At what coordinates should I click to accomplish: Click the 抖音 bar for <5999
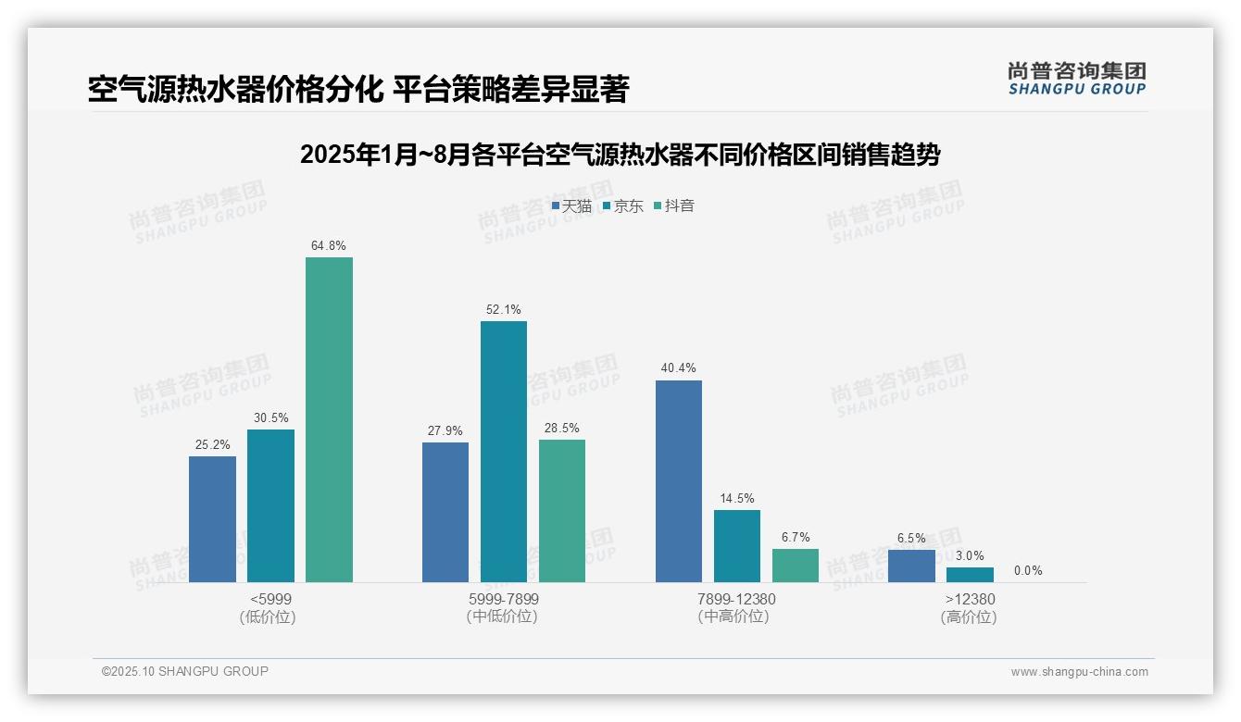click(x=329, y=419)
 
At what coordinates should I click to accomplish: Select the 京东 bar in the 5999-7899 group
click(x=504, y=452)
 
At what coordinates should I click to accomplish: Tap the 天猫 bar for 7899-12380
click(x=679, y=481)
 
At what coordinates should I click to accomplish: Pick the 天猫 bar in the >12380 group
click(x=911, y=566)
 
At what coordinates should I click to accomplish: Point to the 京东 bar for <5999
click(x=270, y=505)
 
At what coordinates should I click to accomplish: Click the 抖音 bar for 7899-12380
click(x=796, y=566)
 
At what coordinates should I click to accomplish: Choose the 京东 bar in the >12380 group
click(x=970, y=575)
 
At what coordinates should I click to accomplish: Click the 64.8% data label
click(x=329, y=245)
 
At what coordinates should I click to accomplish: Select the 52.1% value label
click(x=504, y=309)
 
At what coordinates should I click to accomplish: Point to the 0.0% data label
click(x=1028, y=570)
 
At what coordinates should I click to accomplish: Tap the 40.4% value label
click(x=679, y=367)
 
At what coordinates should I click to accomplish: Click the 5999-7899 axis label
click(x=504, y=599)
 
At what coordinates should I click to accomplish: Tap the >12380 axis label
click(x=970, y=599)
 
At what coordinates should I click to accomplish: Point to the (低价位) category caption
click(x=269, y=616)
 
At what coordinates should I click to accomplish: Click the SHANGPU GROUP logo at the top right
click(x=1076, y=79)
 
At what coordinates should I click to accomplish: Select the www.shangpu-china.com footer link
click(x=1079, y=672)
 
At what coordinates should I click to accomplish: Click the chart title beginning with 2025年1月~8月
click(x=620, y=155)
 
